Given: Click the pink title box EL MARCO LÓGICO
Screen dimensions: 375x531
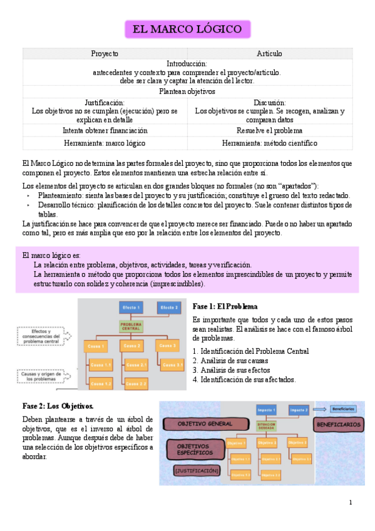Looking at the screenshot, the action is pyautogui.click(x=187, y=29).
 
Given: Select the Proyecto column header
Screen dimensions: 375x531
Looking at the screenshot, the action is pyautogui.click(x=105, y=54).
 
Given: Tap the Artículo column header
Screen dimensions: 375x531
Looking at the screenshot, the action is pyautogui.click(x=269, y=54).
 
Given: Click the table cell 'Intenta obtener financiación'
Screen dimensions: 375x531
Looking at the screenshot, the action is pyautogui.click(x=105, y=131).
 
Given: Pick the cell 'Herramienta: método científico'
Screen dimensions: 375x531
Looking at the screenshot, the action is pyautogui.click(x=269, y=143).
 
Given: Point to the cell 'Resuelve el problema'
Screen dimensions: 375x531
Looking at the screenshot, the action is pyautogui.click(x=269, y=131).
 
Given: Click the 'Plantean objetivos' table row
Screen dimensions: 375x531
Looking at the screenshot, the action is pyautogui.click(x=187, y=91).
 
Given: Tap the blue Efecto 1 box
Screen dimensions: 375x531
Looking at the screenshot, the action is pyautogui.click(x=131, y=307).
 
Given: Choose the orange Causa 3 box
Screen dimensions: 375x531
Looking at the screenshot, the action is pyautogui.click(x=166, y=346).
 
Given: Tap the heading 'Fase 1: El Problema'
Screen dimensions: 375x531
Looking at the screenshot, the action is pyautogui.click(x=225, y=307).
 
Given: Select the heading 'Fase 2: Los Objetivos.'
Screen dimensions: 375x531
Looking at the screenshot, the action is pyautogui.click(x=58, y=406).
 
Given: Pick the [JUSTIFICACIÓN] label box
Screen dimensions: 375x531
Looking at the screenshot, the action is pyautogui.click(x=197, y=470).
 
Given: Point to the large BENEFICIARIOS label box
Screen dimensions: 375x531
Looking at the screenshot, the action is pyautogui.click(x=338, y=424).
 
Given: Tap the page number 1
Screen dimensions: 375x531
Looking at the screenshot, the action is pyautogui.click(x=351, y=502).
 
